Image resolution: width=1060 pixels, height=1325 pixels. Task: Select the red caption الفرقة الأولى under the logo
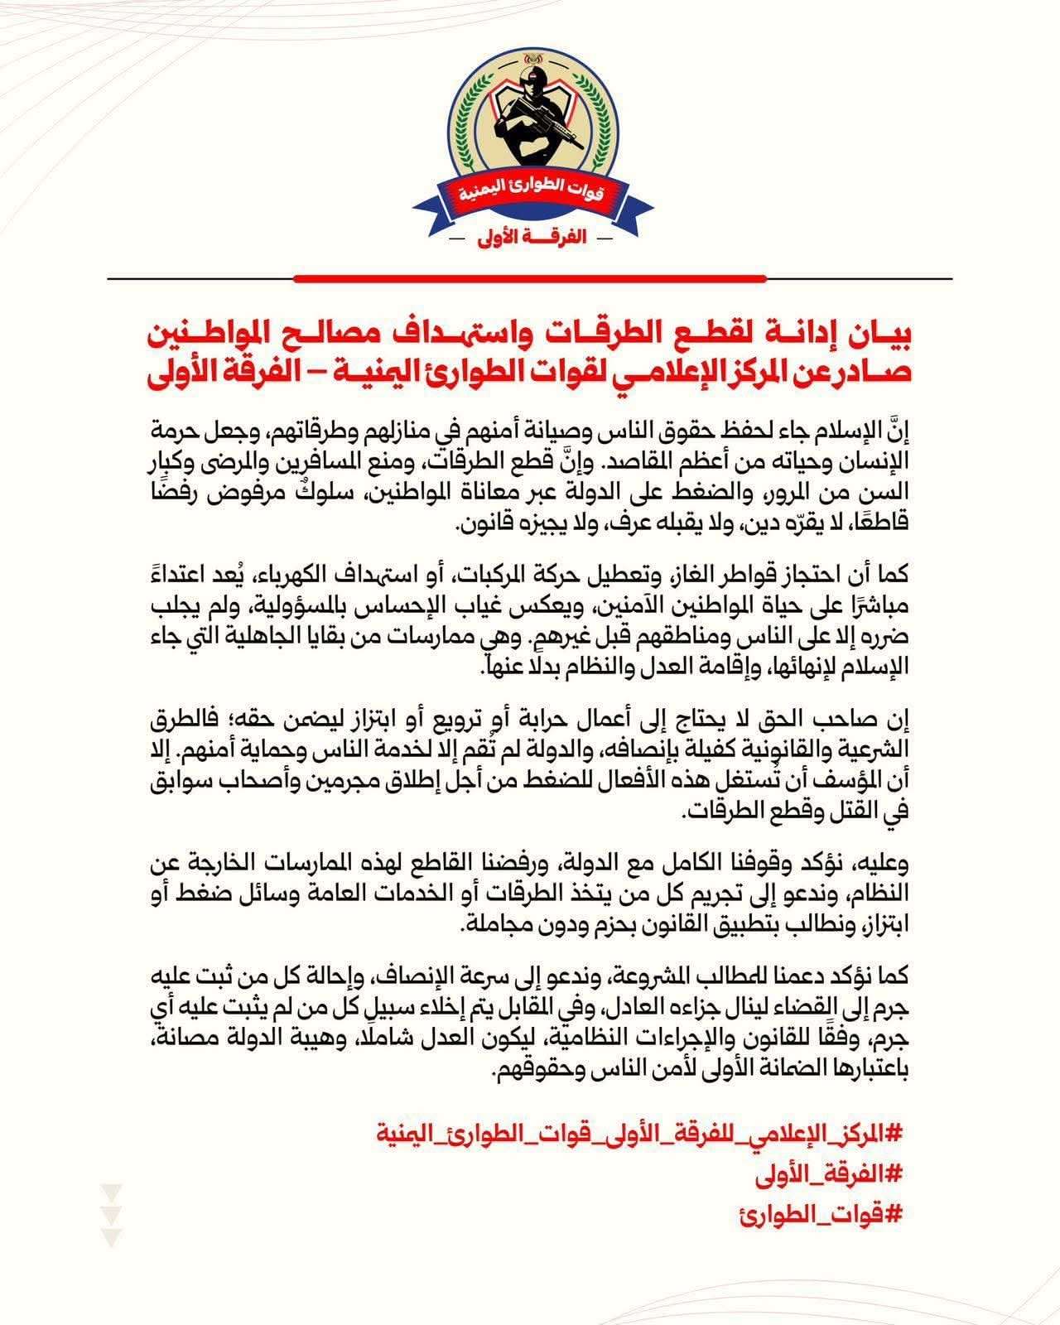coord(530,237)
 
